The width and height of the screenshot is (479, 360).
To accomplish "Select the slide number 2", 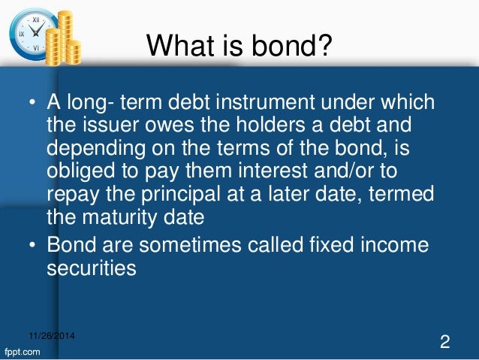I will click(444, 342).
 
